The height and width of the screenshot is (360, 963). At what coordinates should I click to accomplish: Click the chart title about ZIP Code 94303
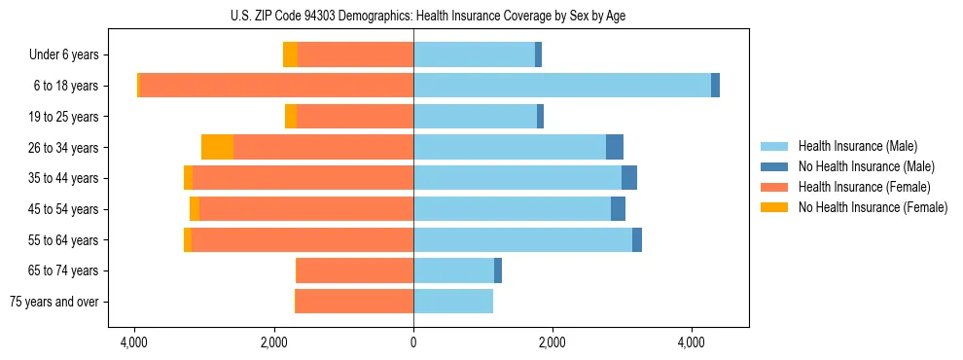pos(413,16)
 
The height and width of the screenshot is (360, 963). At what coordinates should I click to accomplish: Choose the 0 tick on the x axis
pos(413,343)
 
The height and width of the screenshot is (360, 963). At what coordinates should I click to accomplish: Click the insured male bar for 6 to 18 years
pos(562,86)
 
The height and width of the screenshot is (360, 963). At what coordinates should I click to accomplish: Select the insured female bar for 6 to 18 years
pos(277,86)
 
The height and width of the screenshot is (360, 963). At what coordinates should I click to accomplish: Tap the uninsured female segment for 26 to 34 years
pos(217,147)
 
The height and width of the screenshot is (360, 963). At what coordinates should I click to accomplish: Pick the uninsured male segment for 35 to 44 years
pos(629,178)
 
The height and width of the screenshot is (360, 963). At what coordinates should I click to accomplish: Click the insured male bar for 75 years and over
pos(453,302)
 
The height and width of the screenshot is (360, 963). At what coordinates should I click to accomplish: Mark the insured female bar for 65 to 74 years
pos(355,270)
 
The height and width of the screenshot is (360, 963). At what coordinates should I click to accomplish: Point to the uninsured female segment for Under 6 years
pos(290,54)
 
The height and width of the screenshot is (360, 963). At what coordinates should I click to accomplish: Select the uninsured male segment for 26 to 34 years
pos(615,147)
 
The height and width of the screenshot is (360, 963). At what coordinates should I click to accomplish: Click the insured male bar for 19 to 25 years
pos(475,117)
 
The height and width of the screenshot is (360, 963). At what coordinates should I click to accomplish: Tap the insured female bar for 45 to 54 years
pos(306,209)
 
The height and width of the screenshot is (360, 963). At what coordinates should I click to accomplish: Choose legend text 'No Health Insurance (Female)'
pos(873,207)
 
